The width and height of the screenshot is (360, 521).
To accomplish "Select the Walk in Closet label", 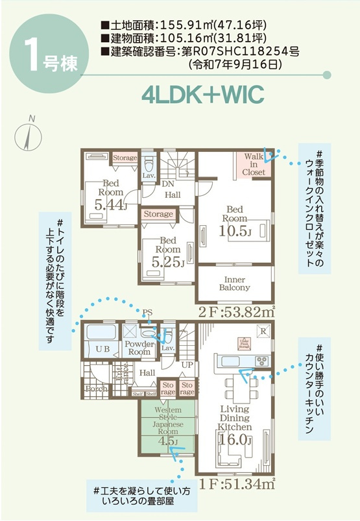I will coord(254,165).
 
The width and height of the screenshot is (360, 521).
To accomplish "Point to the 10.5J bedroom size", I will coord(234,232).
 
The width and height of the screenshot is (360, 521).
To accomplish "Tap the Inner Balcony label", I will coord(234,284).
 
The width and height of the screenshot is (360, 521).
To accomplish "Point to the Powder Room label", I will coord(139,347).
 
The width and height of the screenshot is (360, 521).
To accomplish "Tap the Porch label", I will coord(96,388).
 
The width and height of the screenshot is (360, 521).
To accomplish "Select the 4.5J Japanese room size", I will coord(167,441).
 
